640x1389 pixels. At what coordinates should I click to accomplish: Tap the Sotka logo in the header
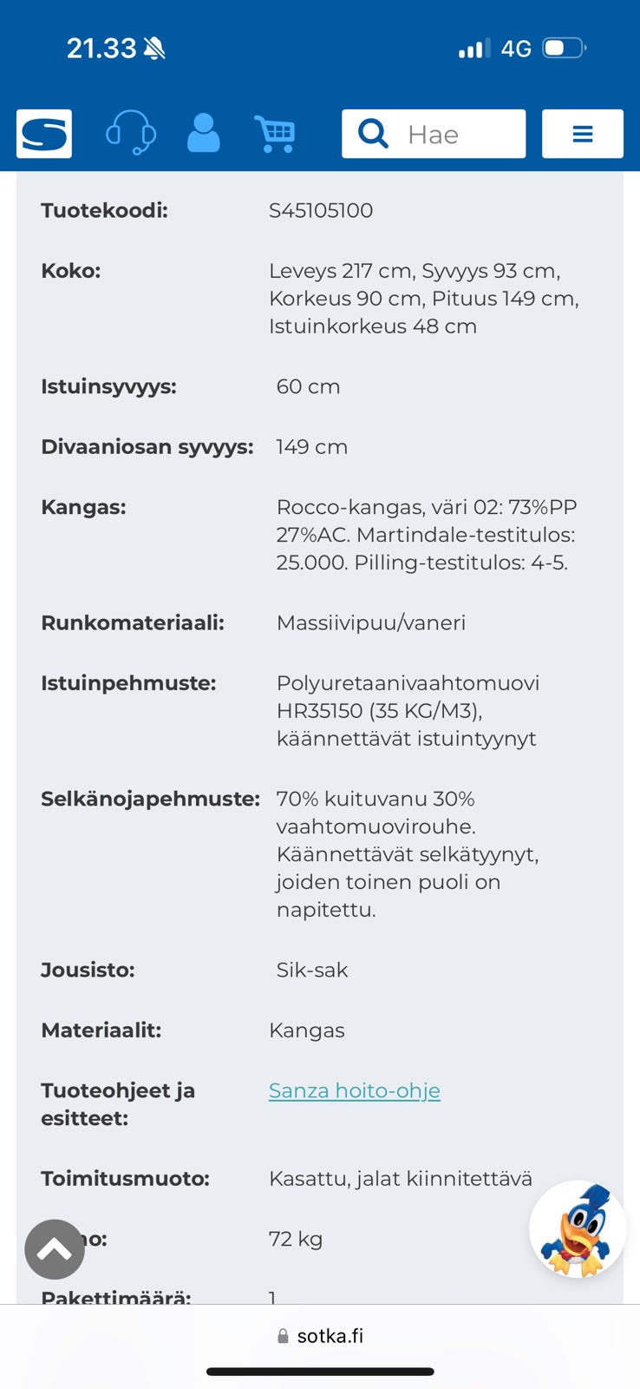[x=44, y=134]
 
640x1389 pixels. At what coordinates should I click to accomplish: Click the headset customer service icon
[x=130, y=134]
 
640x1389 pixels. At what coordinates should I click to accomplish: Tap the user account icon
[x=204, y=134]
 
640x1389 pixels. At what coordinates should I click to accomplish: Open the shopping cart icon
[x=276, y=134]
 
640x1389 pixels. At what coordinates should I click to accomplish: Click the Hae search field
[x=434, y=134]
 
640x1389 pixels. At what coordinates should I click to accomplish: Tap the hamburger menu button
[x=582, y=134]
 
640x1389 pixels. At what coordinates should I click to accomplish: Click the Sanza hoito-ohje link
[x=354, y=1090]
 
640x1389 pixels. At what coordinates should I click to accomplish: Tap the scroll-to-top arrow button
[x=55, y=1249]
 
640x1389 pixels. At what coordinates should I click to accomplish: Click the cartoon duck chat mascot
[x=577, y=1229]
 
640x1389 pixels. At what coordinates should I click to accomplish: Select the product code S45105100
[x=321, y=210]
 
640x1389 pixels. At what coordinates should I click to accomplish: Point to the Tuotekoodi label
[x=104, y=210]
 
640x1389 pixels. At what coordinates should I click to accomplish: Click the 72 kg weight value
[x=296, y=1239]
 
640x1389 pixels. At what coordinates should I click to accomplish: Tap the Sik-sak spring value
[x=312, y=970]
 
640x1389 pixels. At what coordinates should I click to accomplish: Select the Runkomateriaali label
[x=132, y=622]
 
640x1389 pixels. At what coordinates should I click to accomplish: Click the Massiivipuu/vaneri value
[x=370, y=622]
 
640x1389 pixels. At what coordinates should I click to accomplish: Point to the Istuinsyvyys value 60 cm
[x=308, y=386]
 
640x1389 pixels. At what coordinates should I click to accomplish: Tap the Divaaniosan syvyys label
[x=147, y=447]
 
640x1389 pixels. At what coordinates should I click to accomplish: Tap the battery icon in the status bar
[x=564, y=48]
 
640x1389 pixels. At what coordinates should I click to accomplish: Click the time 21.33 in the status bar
[x=101, y=48]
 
